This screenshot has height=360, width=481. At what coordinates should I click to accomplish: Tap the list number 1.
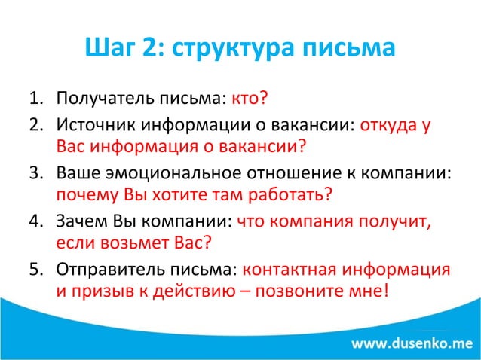[x=35, y=99]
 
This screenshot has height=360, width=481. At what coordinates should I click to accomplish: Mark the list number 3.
[x=35, y=171]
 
